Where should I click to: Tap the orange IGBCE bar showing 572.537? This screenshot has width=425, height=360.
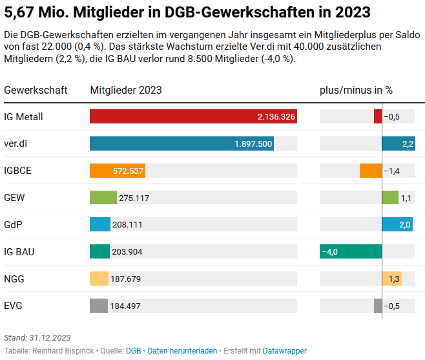click(117, 171)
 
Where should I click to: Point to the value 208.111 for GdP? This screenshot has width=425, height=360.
click(127, 225)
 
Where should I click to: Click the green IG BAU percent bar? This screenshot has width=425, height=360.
click(351, 251)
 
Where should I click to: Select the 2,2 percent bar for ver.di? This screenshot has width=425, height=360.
click(398, 143)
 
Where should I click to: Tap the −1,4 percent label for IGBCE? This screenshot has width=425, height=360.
click(392, 171)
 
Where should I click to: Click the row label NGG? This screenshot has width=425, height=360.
click(14, 279)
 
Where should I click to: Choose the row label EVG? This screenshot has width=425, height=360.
click(14, 306)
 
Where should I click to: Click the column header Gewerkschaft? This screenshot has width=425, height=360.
click(36, 90)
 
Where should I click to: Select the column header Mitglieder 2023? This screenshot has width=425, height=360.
click(126, 90)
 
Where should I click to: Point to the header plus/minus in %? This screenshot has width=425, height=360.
click(356, 90)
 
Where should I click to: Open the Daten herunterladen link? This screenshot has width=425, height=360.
click(182, 351)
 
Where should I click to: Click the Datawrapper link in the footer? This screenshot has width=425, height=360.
click(285, 351)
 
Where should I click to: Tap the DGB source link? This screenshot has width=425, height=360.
click(133, 351)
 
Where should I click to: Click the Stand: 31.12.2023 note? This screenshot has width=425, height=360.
click(37, 337)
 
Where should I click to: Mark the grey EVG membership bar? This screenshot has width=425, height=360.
click(99, 306)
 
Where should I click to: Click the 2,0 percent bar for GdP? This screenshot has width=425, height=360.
click(397, 224)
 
